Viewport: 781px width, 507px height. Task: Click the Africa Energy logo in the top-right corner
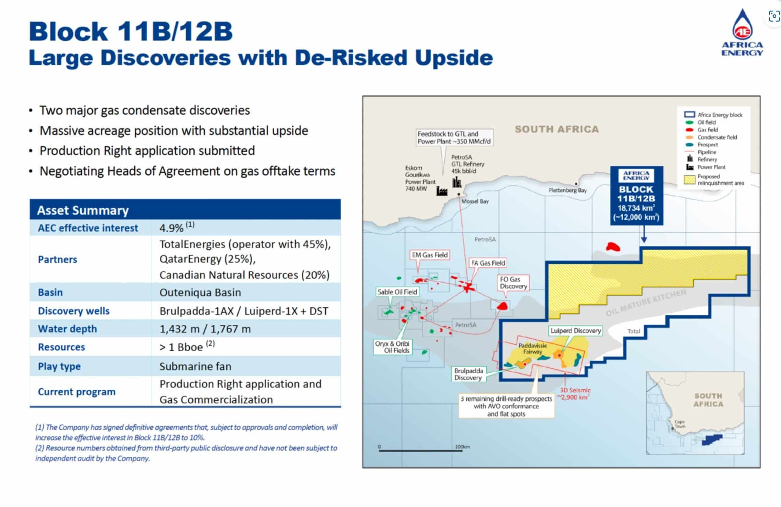click(742, 33)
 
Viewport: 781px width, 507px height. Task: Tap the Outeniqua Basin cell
click(200, 292)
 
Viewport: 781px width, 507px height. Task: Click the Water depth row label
click(68, 329)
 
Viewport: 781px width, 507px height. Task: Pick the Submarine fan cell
click(195, 366)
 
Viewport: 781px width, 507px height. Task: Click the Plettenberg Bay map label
click(567, 190)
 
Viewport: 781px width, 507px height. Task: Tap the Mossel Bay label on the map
click(475, 201)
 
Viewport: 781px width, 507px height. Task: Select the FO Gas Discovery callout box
click(513, 283)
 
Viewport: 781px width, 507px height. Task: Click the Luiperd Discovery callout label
click(576, 331)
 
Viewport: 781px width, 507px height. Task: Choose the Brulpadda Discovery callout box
click(469, 374)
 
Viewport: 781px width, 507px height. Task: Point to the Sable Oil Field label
click(397, 292)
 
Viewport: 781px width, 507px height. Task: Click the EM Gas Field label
click(430, 255)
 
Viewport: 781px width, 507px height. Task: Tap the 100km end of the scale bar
click(462, 450)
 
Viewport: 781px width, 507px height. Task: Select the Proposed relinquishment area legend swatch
click(689, 179)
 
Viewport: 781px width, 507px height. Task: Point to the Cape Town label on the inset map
click(680, 424)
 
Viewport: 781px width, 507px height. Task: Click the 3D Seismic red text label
click(575, 394)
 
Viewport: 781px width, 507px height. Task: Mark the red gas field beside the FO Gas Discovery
click(502, 306)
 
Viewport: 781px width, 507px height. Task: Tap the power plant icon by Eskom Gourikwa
click(442, 191)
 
